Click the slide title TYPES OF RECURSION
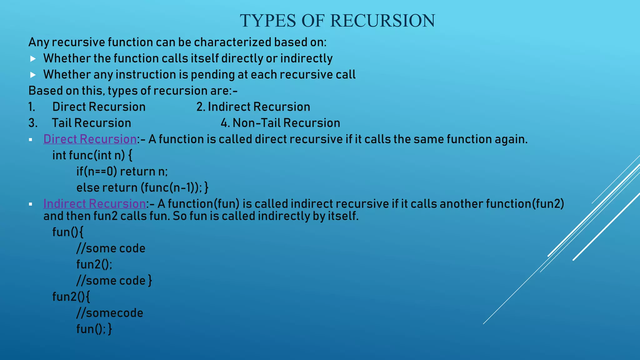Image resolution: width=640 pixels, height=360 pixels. (337, 21)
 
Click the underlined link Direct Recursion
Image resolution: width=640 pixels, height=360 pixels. (90, 139)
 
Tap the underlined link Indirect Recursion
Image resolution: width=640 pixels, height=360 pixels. (94, 204)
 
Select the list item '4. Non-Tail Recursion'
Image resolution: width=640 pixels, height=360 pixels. (280, 123)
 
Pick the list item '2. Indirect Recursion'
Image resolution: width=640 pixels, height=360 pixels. (253, 107)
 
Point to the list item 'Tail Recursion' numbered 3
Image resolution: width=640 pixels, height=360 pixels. (91, 123)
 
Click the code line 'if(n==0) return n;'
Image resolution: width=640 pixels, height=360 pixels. (122, 172)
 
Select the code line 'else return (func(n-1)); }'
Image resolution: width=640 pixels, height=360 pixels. (142, 187)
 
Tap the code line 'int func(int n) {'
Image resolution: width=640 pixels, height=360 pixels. (92, 155)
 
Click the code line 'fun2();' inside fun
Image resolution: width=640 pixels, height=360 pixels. (94, 264)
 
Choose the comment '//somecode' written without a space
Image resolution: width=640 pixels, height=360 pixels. (110, 313)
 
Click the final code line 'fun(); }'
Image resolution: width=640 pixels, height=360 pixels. (94, 329)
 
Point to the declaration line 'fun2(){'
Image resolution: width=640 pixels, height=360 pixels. (71, 297)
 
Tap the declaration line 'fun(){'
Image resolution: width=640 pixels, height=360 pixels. (68, 232)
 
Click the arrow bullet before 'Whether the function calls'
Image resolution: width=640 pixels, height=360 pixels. (33, 58)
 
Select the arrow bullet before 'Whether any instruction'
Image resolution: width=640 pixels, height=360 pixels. (33, 75)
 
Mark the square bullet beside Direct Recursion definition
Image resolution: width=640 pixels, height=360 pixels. (31, 140)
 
